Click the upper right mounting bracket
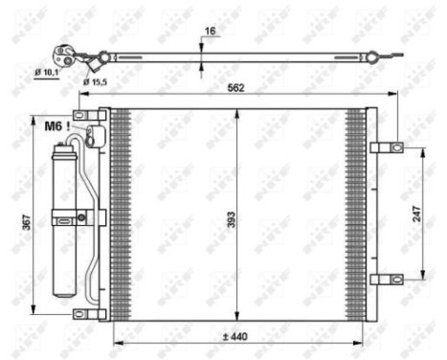pyautogui.click(x=386, y=147)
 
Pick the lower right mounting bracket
pyautogui.click(x=386, y=280)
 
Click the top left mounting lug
pyautogui.click(x=94, y=116)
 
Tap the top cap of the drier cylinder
pyautogui.click(x=68, y=145)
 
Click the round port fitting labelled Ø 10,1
pyautogui.click(x=66, y=54)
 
